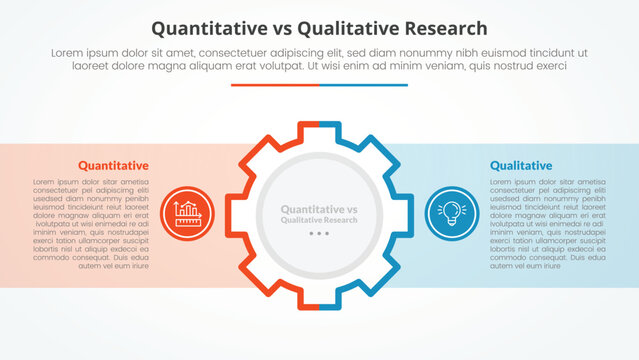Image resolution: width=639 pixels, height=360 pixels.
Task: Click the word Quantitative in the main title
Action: pyautogui.click(x=209, y=28)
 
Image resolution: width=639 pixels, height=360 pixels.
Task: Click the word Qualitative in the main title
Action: pyautogui.click(x=346, y=28)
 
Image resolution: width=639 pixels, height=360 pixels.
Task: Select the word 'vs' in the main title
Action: pyautogui.click(x=283, y=28)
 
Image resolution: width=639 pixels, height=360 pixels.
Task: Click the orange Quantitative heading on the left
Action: pyautogui.click(x=113, y=165)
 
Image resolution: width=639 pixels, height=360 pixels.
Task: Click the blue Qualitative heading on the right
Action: pyautogui.click(x=520, y=165)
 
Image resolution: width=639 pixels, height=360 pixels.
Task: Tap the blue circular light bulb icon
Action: pyautogui.click(x=451, y=212)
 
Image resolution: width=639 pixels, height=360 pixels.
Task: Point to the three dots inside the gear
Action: pyautogui.click(x=319, y=233)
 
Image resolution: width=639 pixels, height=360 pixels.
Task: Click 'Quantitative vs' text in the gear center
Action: pyautogui.click(x=319, y=208)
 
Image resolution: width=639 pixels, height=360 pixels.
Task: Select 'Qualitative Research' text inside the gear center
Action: pyautogui.click(x=319, y=219)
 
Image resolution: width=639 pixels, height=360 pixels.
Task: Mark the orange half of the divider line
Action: pyautogui.click(x=275, y=85)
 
